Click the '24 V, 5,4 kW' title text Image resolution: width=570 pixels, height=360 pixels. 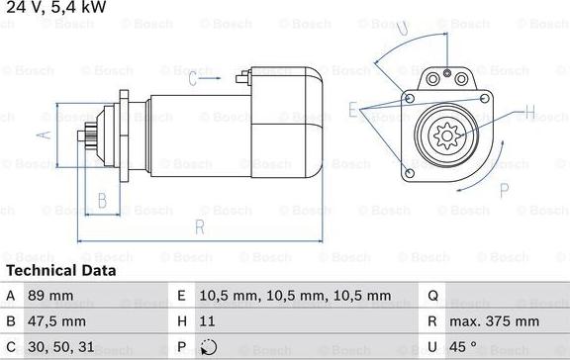[56, 7]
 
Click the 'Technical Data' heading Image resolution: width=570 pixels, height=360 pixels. [61, 271]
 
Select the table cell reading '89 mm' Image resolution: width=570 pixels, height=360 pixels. [50, 296]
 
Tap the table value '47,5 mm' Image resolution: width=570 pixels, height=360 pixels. [56, 321]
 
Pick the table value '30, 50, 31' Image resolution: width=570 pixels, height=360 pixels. [61, 347]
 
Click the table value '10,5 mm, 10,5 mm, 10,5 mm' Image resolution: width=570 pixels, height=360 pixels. [295, 296]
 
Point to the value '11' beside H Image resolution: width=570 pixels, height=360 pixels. [207, 321]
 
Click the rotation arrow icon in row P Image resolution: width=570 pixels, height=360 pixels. [209, 347]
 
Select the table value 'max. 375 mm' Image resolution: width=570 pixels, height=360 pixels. [494, 321]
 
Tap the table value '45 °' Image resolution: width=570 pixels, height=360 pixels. [463, 347]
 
